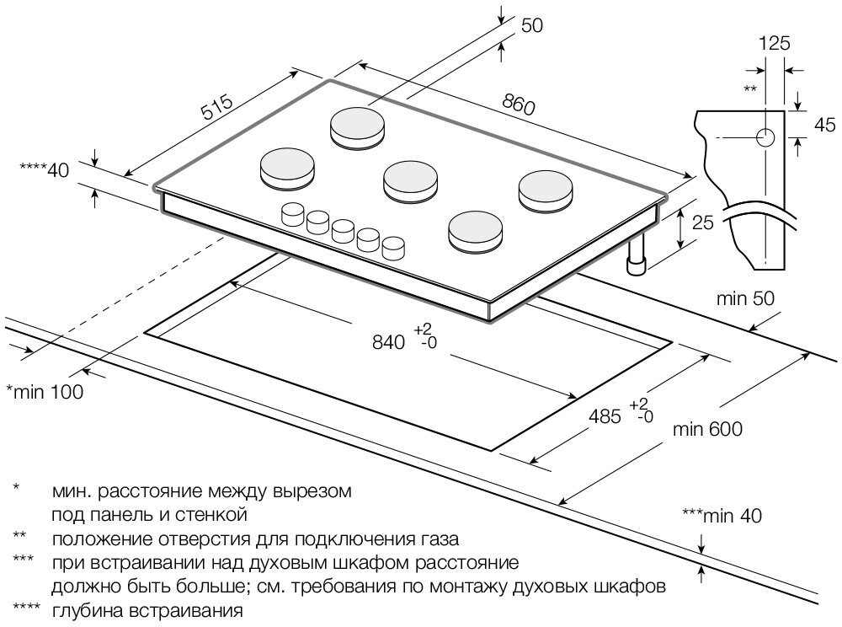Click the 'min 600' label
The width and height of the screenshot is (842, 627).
coord(708,430)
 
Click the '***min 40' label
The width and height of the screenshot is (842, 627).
coord(722,517)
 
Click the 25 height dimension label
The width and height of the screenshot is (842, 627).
coord(702,223)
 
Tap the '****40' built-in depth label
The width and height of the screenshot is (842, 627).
coord(43,170)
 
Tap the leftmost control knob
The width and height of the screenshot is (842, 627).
coord(292,214)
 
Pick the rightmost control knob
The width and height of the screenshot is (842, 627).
coord(393,247)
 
